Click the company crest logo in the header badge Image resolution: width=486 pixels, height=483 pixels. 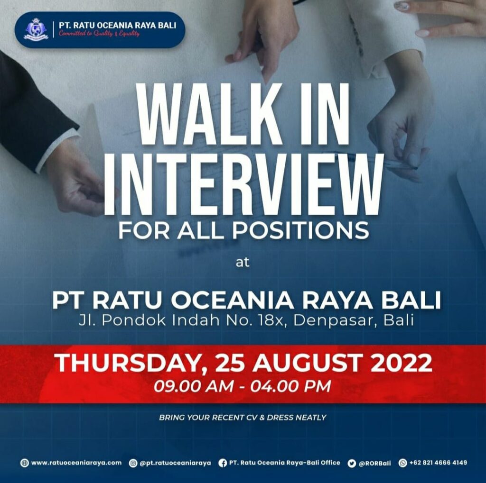[x=36, y=29]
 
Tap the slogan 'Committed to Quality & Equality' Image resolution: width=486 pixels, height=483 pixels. [x=99, y=34]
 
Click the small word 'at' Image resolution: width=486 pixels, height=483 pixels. [x=243, y=262]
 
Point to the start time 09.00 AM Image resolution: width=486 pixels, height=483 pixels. [x=193, y=386]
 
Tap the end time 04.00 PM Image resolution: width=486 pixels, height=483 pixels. [x=290, y=386]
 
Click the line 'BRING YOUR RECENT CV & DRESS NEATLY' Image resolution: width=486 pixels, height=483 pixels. [x=243, y=418]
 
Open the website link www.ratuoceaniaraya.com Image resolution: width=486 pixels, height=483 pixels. [x=76, y=463]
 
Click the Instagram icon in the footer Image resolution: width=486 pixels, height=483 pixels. [x=133, y=463]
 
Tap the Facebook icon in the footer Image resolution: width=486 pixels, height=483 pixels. [x=223, y=463]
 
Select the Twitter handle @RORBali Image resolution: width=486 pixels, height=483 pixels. [x=374, y=463]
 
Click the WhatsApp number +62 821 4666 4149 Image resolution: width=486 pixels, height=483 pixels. [x=438, y=463]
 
